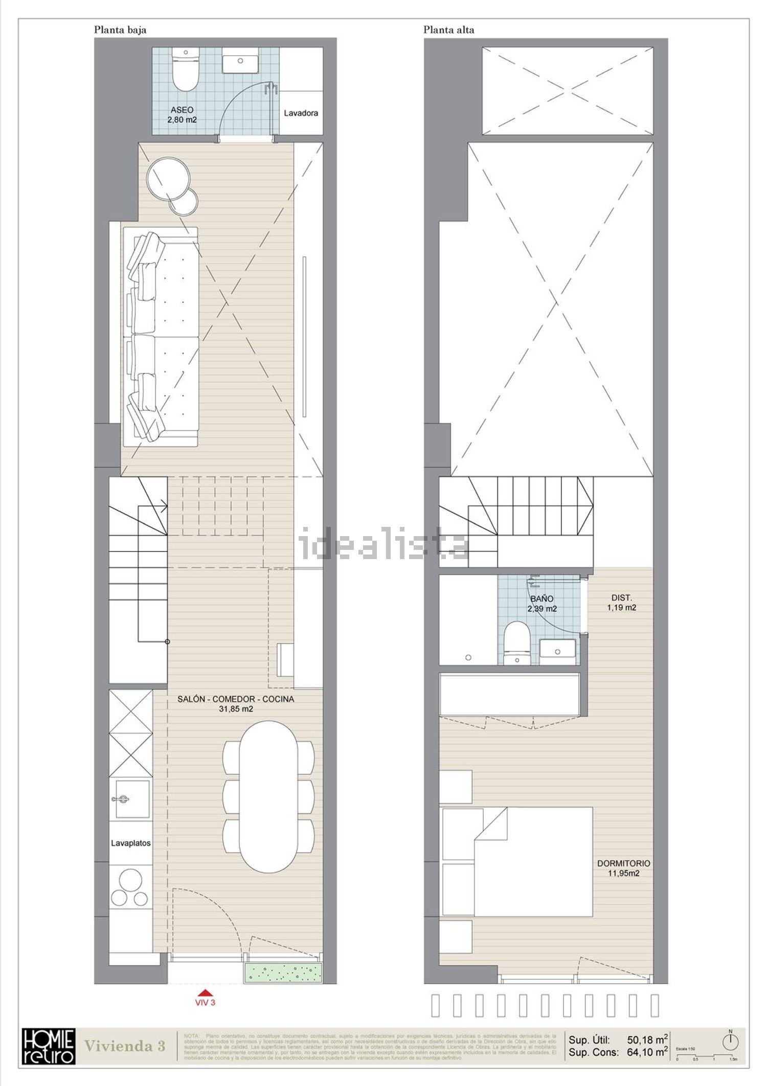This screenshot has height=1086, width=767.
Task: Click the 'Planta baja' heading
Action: point(120,30)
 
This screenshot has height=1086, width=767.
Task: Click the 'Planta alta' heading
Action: point(448,30)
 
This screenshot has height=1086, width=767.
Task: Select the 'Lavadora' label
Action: point(301,113)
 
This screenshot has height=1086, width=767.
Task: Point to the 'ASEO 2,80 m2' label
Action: point(182,115)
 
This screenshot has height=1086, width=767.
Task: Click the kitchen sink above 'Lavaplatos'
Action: point(130,799)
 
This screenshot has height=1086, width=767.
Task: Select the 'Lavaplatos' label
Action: point(131,843)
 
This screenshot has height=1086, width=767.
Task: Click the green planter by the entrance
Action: point(284,972)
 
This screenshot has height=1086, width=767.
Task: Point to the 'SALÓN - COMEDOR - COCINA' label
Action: point(236,703)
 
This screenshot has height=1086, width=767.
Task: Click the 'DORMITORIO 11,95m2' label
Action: point(623,868)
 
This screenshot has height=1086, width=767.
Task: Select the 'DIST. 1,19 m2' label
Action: point(621,603)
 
